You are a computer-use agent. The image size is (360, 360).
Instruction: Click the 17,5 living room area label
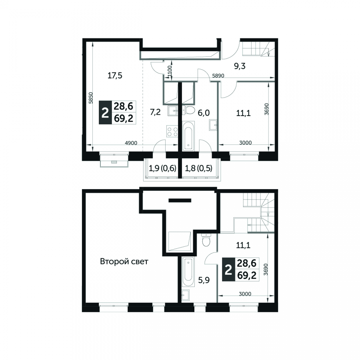(115, 75)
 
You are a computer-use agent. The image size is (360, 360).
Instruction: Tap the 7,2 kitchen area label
(155, 112)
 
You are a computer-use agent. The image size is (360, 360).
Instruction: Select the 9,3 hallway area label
(240, 66)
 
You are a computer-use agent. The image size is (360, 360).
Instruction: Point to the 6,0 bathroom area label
(204, 113)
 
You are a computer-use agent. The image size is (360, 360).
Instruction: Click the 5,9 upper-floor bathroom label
(204, 280)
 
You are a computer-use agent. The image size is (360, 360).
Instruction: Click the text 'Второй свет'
(124, 262)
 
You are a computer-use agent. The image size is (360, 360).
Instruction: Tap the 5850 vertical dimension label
(91, 98)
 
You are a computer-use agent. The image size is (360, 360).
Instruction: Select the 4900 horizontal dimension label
(131, 143)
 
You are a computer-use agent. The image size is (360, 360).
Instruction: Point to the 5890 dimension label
(218, 76)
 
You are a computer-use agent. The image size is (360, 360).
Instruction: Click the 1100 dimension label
(170, 72)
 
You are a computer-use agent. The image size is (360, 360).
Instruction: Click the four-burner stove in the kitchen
(172, 131)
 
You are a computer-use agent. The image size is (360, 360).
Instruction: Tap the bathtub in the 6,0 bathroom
(188, 136)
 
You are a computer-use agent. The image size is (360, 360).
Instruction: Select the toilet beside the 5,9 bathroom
(206, 240)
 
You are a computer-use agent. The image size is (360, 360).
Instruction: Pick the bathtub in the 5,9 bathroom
(188, 272)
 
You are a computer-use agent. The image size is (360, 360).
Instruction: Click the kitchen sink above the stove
(173, 111)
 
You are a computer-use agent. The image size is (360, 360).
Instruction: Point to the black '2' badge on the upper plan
(105, 112)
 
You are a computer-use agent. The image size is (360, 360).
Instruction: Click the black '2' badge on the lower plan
(228, 270)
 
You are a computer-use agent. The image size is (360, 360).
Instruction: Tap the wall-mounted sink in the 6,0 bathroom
(213, 125)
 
